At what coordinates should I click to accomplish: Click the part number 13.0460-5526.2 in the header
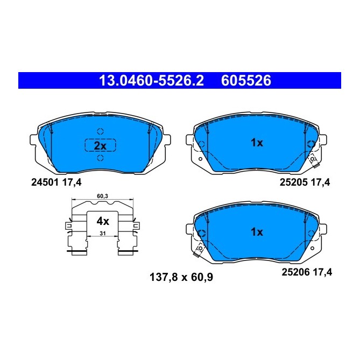(x=151, y=81)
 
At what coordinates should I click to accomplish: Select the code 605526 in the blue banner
(x=245, y=81)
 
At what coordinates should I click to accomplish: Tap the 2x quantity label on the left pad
(x=101, y=145)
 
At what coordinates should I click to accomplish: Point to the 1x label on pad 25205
(x=257, y=143)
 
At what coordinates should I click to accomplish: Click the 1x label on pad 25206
(x=257, y=232)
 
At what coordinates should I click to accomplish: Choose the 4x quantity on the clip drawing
(x=102, y=221)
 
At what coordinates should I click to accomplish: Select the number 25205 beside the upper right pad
(x=293, y=182)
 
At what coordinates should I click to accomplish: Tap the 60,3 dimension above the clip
(x=102, y=197)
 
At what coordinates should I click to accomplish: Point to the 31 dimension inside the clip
(x=102, y=232)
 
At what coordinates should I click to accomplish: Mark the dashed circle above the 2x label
(x=100, y=131)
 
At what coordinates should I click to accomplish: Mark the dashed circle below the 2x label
(x=100, y=159)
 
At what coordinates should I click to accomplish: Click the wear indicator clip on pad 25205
(x=312, y=159)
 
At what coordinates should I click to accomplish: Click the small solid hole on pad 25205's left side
(x=200, y=159)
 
